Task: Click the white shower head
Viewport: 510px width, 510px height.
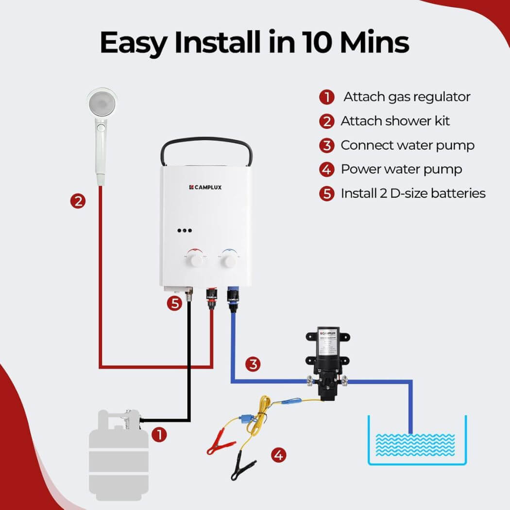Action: tap(102, 104)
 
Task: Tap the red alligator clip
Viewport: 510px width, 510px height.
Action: tap(218, 446)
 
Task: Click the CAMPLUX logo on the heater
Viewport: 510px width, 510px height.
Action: tap(205, 187)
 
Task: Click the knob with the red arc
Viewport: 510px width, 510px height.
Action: tap(196, 258)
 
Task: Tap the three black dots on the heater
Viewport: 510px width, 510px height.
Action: tap(185, 231)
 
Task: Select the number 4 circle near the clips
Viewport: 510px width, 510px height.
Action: tap(278, 455)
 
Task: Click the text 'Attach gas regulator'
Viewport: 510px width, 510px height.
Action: tap(407, 97)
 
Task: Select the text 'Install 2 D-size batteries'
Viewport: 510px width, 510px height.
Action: tap(413, 193)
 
